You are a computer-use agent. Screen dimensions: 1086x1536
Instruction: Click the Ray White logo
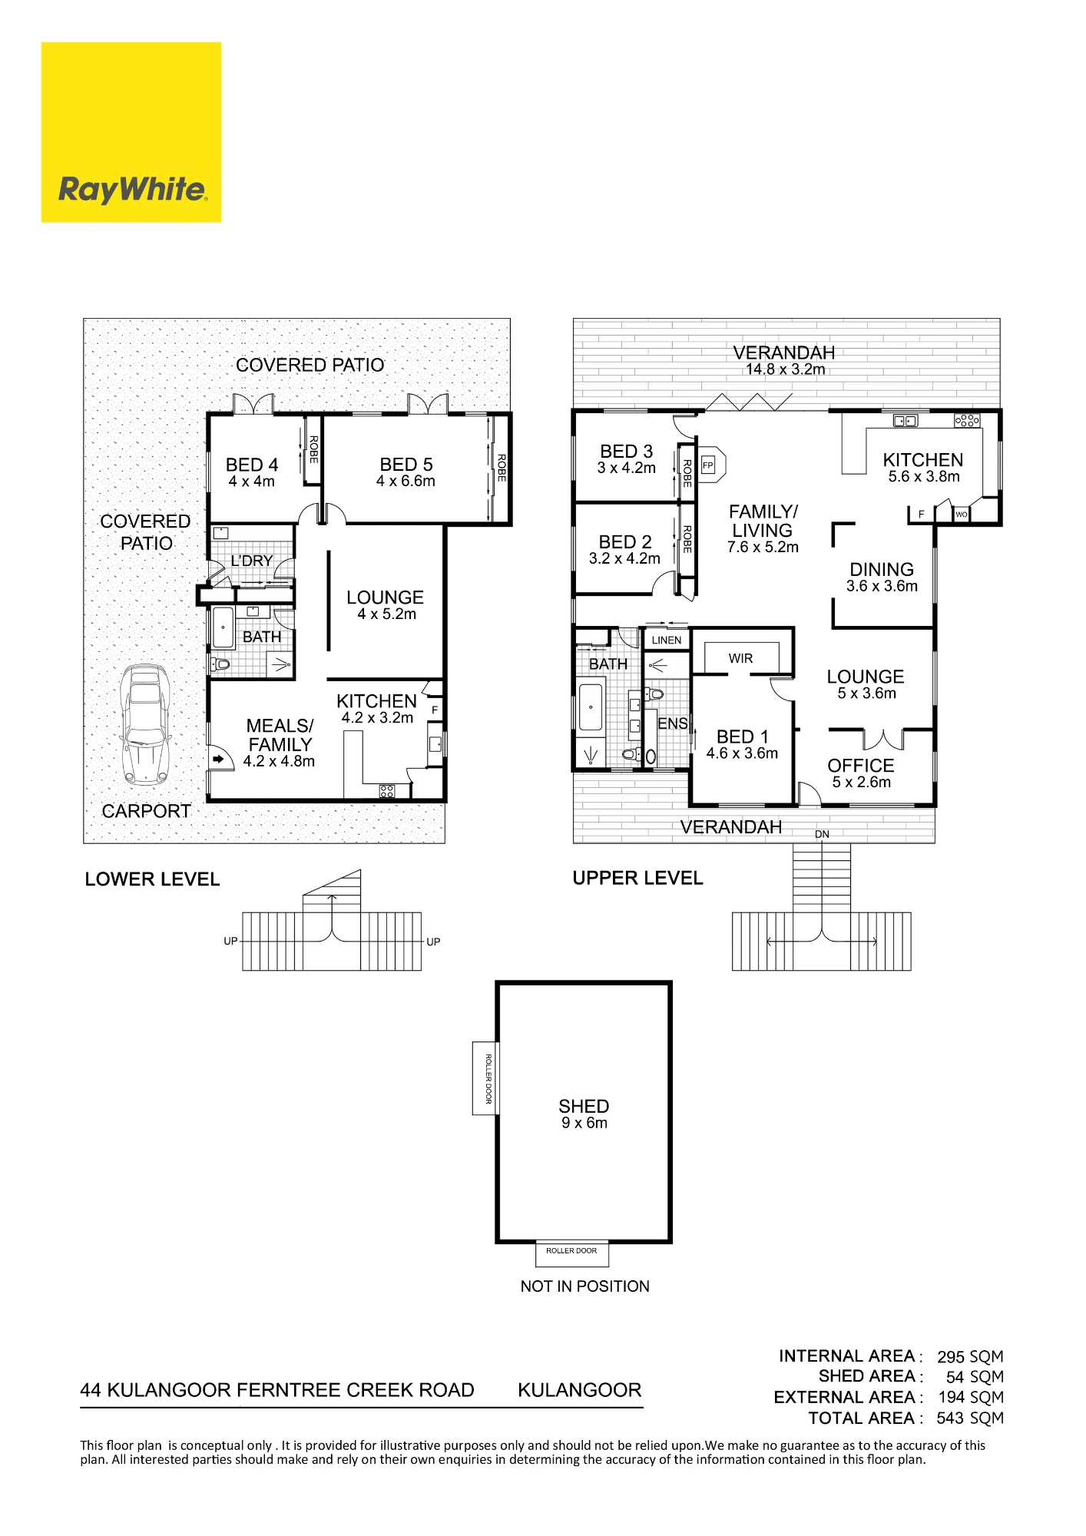[x=131, y=132]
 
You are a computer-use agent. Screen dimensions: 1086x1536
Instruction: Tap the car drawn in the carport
[x=146, y=725]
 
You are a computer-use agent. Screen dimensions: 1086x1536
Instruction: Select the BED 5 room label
[x=406, y=465]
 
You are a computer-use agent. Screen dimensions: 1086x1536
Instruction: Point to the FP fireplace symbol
[x=707, y=465]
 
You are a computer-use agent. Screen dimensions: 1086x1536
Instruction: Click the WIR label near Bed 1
[x=740, y=658]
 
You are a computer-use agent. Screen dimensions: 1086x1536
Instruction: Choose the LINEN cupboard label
[x=667, y=640]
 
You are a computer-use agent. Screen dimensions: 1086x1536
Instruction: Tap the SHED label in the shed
[x=584, y=1106]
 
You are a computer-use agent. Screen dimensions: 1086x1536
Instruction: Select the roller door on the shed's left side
[x=485, y=1078]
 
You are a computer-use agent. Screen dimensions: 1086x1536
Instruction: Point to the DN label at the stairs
[x=822, y=834]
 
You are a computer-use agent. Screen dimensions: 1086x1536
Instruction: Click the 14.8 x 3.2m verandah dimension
[x=785, y=369]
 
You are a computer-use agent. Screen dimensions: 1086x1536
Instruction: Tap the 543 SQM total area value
[x=970, y=1418]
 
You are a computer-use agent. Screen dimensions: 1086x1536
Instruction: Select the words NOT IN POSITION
[x=584, y=1286]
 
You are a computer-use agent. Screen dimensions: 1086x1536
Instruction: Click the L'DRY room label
[x=252, y=561]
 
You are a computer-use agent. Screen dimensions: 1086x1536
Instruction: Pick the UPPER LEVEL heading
[x=637, y=878]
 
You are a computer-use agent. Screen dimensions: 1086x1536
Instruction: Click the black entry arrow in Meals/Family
[x=219, y=760]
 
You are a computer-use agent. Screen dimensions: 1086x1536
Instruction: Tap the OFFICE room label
[x=861, y=766]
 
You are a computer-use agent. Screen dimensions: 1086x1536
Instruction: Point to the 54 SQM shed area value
[x=975, y=1377]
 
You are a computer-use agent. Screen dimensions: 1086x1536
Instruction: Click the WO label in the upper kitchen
[x=961, y=515]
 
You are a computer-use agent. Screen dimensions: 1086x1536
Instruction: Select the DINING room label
[x=882, y=569]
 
